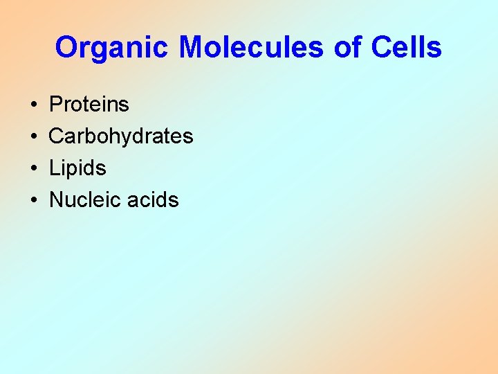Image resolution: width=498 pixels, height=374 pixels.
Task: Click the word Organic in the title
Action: tap(113, 48)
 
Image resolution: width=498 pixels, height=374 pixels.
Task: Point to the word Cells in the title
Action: tap(407, 48)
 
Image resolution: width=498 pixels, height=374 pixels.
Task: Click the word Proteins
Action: tap(89, 105)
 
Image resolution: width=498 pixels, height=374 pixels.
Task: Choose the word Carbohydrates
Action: tap(121, 136)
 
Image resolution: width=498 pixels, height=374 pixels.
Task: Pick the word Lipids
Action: tap(77, 168)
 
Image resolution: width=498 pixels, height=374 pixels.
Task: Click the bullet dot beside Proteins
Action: tap(33, 105)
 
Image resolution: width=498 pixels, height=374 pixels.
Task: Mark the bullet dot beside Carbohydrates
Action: tap(33, 137)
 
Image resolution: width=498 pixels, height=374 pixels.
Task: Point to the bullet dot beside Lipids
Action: tap(33, 169)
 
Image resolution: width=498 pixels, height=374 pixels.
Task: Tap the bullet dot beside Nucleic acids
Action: tap(33, 201)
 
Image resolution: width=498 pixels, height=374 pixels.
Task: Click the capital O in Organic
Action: tap(66, 48)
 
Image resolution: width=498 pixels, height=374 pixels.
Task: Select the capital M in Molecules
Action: tap(191, 48)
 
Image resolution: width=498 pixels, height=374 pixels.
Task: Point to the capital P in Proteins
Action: tap(56, 105)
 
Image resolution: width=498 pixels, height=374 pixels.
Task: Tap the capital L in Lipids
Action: tap(55, 168)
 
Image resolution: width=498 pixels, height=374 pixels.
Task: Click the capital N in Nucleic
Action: tap(56, 200)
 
